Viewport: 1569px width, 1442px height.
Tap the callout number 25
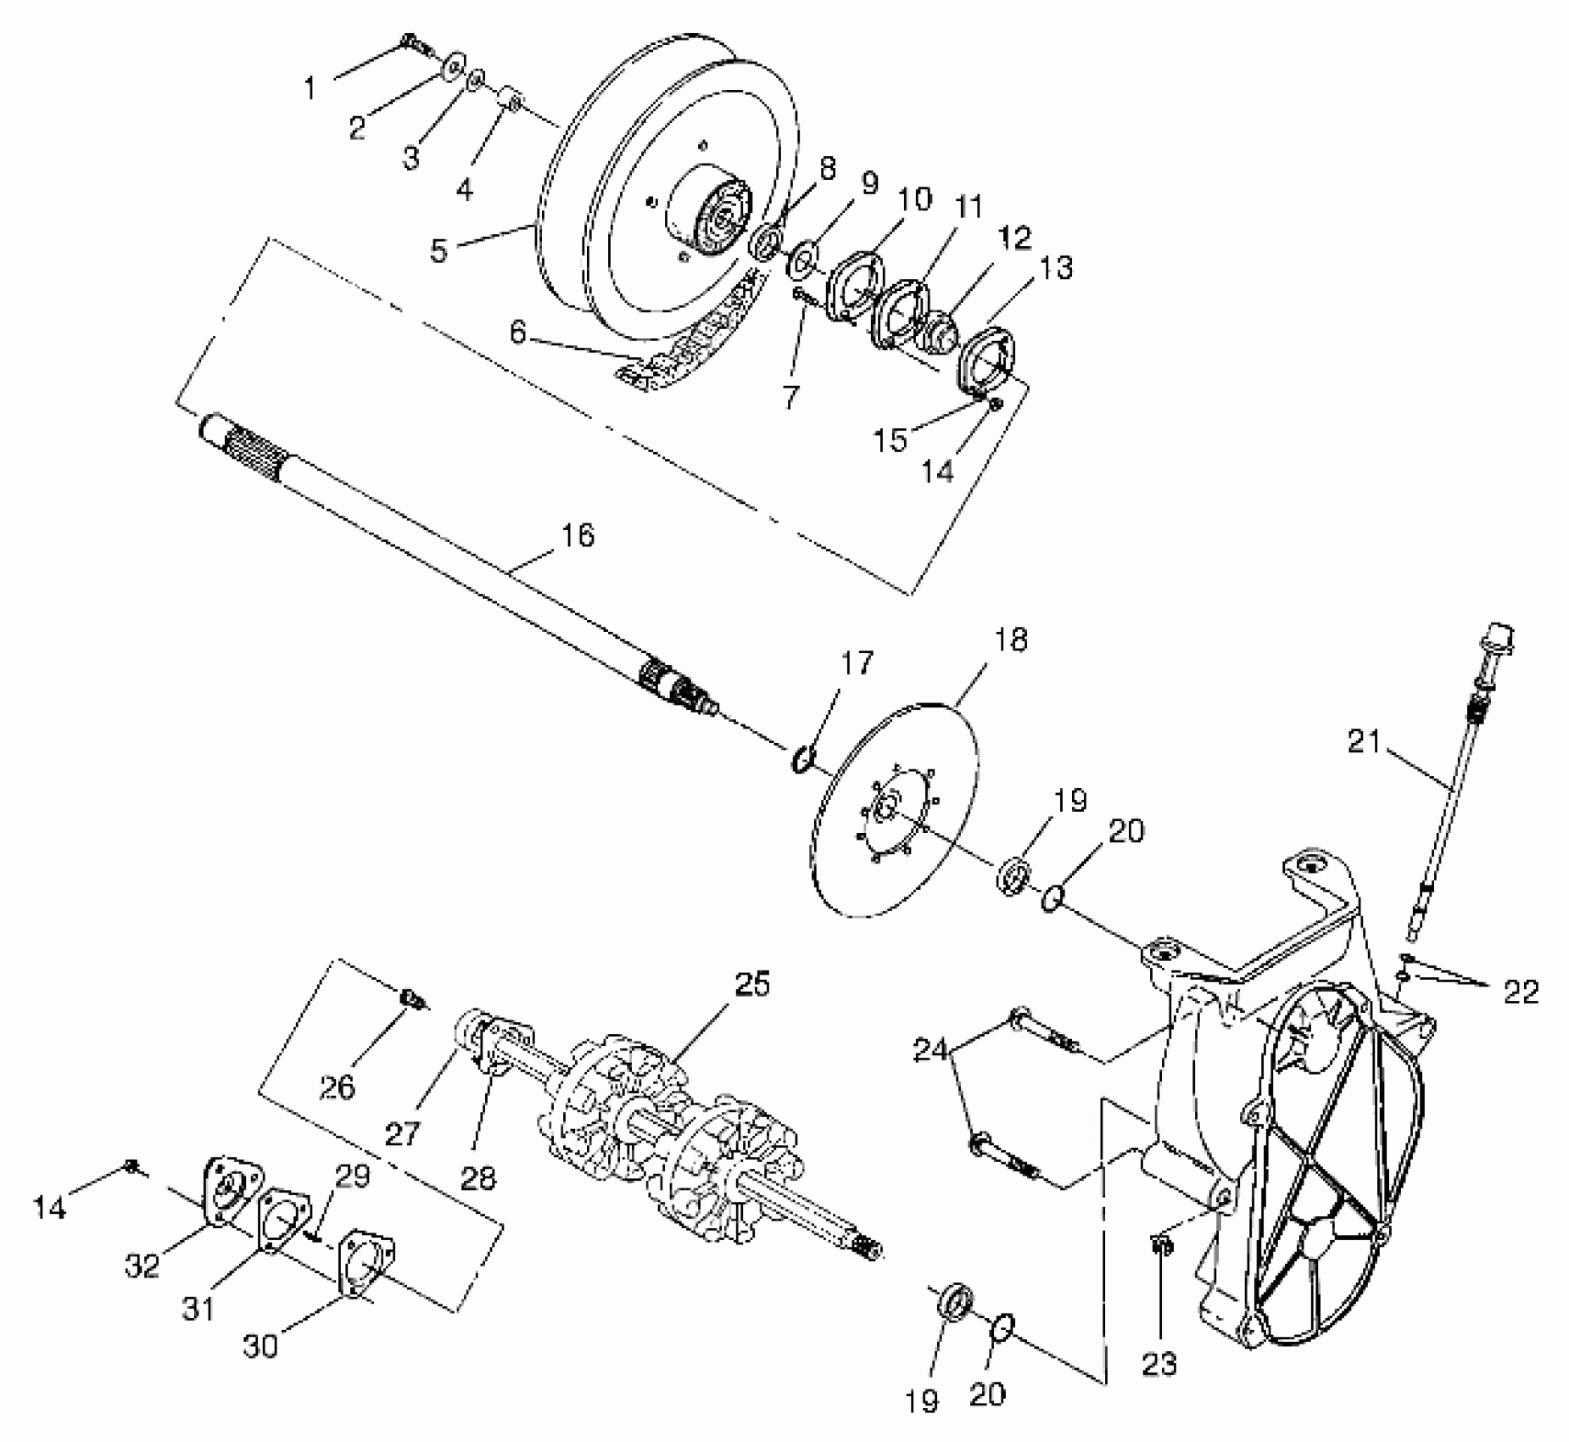[751, 985]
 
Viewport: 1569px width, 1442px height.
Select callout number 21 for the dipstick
[1364, 742]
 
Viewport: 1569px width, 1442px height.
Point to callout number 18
[1008, 639]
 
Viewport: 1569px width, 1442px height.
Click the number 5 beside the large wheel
[438, 251]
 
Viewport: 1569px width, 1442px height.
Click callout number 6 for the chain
[518, 333]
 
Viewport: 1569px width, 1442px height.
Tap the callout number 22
[1521, 992]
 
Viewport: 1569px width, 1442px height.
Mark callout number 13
[1055, 268]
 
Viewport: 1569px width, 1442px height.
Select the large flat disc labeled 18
[899, 814]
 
